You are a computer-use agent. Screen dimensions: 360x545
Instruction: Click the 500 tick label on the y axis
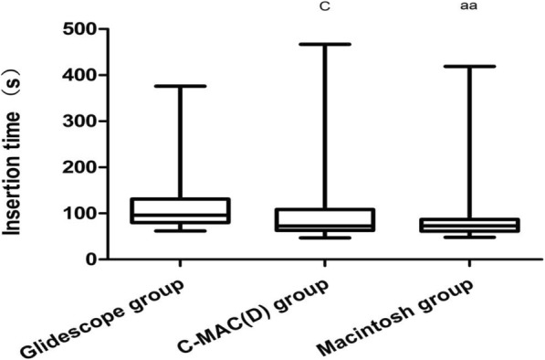[79, 29]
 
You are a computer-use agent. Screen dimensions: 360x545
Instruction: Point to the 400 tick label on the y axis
[79, 75]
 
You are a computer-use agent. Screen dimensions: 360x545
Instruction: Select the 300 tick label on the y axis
[79, 121]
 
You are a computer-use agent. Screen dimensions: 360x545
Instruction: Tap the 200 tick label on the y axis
[79, 167]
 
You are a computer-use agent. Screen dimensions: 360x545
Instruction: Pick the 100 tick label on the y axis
[79, 213]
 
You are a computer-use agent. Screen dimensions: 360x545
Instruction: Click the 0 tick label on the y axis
[92, 259]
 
